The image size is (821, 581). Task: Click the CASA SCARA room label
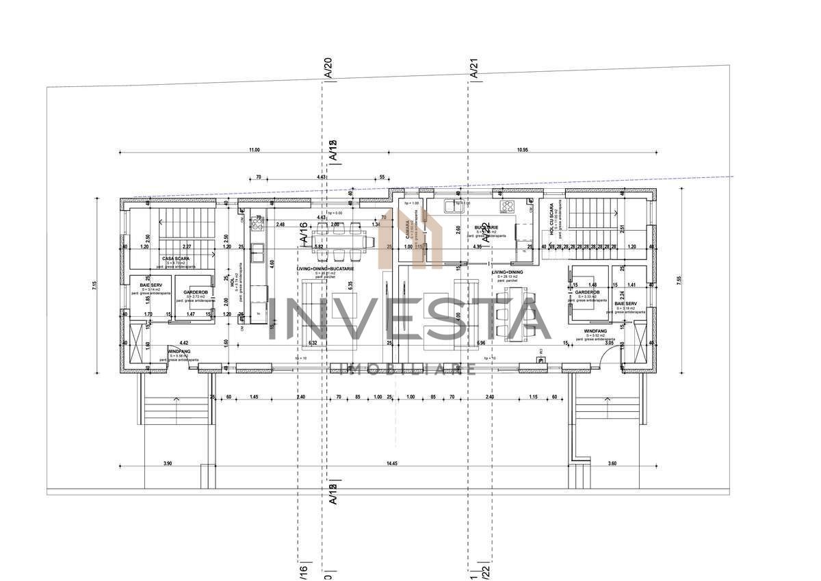(x=176, y=259)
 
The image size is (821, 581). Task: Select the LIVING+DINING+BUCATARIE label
(x=325, y=269)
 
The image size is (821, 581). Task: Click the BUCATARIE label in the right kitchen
(x=486, y=227)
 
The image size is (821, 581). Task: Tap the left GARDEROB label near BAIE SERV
(x=196, y=292)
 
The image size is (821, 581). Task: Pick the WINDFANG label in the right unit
(x=595, y=331)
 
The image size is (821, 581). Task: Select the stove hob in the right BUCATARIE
(x=507, y=207)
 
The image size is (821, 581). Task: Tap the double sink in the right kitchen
(x=454, y=206)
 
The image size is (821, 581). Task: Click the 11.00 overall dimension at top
(x=254, y=149)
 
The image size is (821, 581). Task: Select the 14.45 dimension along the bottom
(x=391, y=464)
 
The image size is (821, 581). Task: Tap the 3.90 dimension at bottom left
(x=168, y=464)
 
